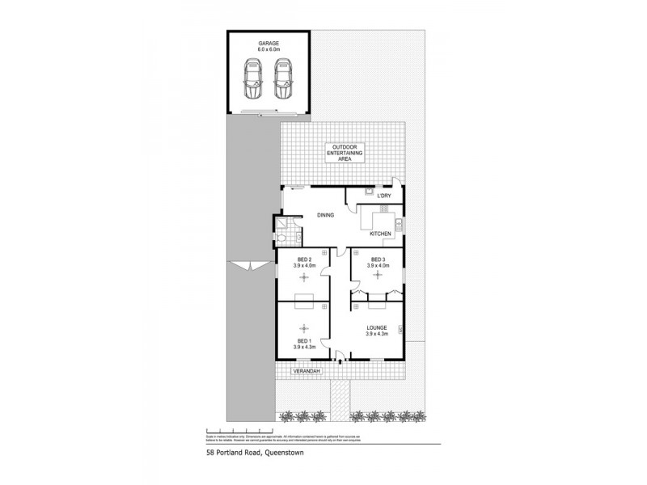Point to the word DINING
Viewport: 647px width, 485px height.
point(325,215)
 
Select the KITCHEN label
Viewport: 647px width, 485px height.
point(380,234)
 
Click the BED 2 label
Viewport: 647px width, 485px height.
point(304,259)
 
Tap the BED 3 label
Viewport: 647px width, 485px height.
point(378,259)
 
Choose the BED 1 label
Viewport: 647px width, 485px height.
point(304,342)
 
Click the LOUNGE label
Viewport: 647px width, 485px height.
point(378,328)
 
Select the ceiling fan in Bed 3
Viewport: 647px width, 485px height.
point(378,276)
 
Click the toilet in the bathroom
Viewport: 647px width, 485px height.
point(298,238)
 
